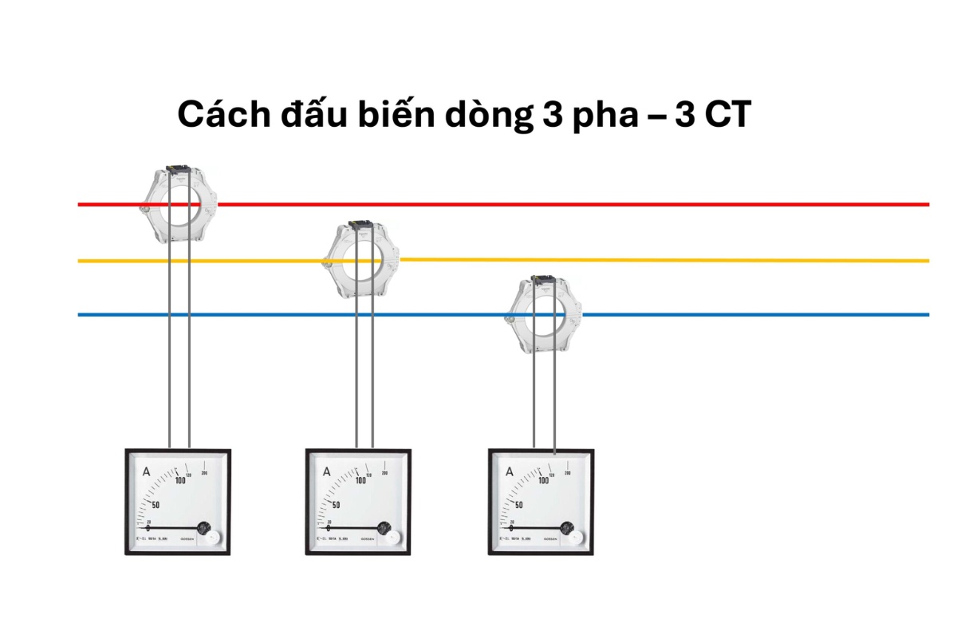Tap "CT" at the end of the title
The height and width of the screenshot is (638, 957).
pyautogui.click(x=725, y=115)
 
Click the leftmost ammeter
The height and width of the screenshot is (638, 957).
pyautogui.click(x=178, y=502)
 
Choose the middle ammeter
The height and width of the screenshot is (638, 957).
pyautogui.click(x=359, y=502)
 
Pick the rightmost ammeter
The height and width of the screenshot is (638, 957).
pyautogui.click(x=541, y=502)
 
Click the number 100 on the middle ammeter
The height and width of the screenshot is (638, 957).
pyautogui.click(x=360, y=480)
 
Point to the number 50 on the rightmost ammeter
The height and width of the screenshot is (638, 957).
pyautogui.click(x=519, y=505)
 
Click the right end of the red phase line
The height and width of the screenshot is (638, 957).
pyautogui.click(x=927, y=204)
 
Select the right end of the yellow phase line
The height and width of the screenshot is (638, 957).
pyautogui.click(x=927, y=261)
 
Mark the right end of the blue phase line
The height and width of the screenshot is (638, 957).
pyautogui.click(x=927, y=315)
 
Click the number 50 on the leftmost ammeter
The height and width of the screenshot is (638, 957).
pyautogui.click(x=156, y=505)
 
